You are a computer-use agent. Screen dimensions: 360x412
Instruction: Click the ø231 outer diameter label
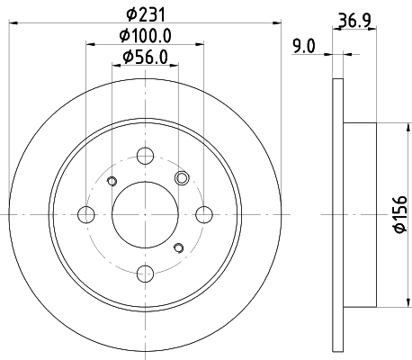pos(145,14)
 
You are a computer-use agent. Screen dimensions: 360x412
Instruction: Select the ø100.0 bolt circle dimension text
pos(145,38)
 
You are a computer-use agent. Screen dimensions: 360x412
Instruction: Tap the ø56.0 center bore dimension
pos(145,60)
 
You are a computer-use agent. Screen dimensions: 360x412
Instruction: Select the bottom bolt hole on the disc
pos(146,273)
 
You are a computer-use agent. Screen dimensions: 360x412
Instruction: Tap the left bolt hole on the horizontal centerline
pos(87,214)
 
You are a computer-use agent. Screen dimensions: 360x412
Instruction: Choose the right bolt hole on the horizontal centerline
pos(204,214)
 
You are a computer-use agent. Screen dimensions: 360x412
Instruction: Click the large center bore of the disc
pos(146,214)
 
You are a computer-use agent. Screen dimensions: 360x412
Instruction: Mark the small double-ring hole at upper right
pos(183,177)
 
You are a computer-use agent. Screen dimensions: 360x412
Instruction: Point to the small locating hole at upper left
pos(112,183)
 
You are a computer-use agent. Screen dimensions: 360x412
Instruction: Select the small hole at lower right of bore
pos(179,247)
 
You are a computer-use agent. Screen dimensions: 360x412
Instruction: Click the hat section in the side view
pos(360,214)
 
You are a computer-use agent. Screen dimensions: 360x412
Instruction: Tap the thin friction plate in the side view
pos(338,214)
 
